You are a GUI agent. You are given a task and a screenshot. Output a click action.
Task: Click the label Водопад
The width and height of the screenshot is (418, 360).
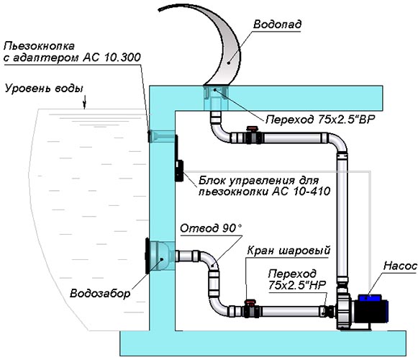[277, 24]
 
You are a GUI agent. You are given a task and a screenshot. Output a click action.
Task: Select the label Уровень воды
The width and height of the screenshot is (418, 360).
[44, 89]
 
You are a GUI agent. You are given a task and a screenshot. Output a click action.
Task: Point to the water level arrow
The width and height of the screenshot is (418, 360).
[85, 102]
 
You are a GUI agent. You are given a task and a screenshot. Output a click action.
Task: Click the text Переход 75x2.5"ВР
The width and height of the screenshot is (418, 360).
[320, 120]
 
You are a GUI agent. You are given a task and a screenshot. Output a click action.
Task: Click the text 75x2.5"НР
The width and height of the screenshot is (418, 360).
[297, 285]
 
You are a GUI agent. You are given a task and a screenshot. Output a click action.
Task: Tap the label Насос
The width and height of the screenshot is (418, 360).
[400, 266]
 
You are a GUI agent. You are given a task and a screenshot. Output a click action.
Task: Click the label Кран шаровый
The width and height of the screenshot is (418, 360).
[288, 251]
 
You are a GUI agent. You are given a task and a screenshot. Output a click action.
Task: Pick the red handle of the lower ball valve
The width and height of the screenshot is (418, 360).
[250, 302]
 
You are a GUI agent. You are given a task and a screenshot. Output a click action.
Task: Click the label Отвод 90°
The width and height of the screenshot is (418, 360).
[211, 228]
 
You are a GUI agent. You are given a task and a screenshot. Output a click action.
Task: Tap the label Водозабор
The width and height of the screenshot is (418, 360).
[100, 294]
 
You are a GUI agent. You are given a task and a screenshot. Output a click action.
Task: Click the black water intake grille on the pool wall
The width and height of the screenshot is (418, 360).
[147, 256]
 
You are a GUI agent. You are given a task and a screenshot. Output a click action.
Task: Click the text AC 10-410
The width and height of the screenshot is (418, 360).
[301, 191]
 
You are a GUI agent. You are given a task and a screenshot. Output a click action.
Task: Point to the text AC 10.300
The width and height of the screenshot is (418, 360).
[112, 58]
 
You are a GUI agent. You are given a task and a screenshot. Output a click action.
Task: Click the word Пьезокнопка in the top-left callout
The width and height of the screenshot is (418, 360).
[39, 46]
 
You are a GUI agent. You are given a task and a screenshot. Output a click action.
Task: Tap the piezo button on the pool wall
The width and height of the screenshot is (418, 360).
[150, 136]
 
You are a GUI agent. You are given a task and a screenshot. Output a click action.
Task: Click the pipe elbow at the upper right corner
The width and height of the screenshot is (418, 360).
[340, 141]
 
